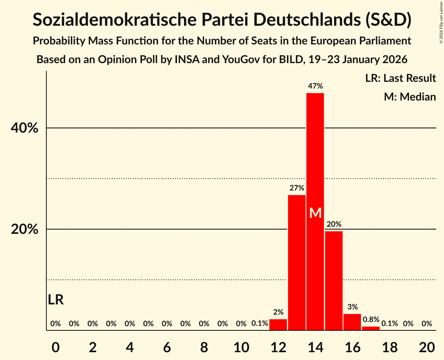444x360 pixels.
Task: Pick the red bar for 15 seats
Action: pos(334,281)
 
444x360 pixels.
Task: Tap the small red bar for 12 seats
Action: pos(278,325)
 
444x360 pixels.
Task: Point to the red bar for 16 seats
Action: pos(352,322)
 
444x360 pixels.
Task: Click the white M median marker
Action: pos(315,213)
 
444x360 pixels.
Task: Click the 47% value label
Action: pos(315,86)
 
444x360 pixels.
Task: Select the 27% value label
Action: pos(297,188)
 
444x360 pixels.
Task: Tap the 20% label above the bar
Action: pos(334,224)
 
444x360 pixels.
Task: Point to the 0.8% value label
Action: pos(371,319)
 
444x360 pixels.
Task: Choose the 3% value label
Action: pos(352,307)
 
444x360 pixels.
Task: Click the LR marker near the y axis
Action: pos(56,300)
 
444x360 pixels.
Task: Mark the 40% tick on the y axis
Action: pos(25,128)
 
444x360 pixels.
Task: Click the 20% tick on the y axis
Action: pos(25,229)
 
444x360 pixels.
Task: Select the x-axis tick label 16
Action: pos(352,347)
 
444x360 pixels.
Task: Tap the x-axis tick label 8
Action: pos(204,347)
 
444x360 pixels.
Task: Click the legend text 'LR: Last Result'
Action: pos(400,78)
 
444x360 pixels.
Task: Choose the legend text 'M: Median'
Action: pos(410,97)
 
